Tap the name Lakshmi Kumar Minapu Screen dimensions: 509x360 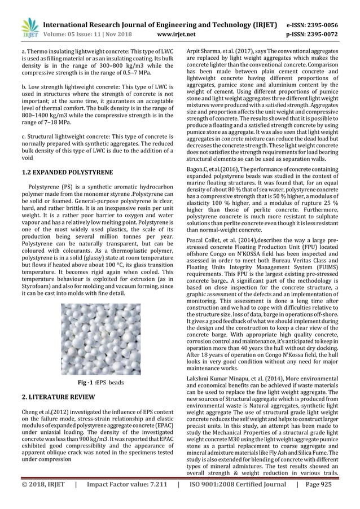(214, 380)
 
